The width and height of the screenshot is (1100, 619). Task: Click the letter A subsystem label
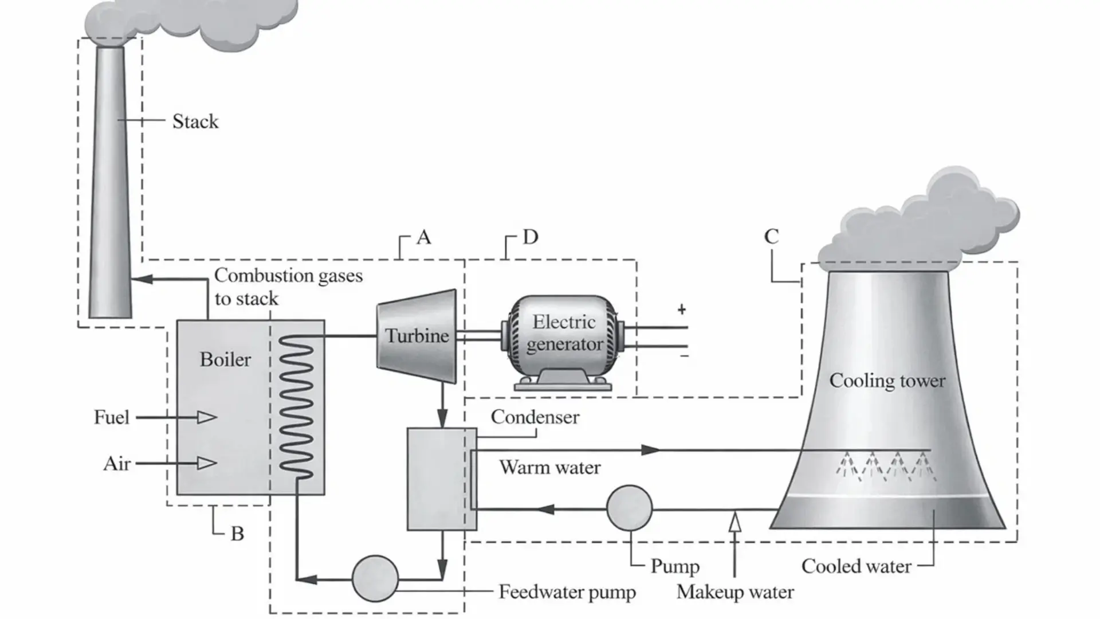(x=423, y=237)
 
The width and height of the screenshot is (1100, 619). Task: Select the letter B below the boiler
(x=237, y=534)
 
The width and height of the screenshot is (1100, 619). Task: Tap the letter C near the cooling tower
(x=771, y=236)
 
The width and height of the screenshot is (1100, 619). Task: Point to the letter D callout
(x=531, y=237)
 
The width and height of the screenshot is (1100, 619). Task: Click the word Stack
(x=195, y=122)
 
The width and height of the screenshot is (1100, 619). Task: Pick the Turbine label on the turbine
(x=417, y=336)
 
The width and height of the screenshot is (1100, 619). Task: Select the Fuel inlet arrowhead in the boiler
(x=207, y=417)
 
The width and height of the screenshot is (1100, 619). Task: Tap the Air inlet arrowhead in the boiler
(x=207, y=463)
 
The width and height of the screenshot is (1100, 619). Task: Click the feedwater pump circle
(x=375, y=578)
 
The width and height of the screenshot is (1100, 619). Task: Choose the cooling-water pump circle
(x=629, y=508)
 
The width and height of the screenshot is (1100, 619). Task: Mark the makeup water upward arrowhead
(x=735, y=522)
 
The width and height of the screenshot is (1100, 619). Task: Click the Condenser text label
(x=535, y=417)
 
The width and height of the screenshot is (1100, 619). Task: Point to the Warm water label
(x=549, y=468)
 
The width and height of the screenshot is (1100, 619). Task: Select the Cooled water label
(x=856, y=566)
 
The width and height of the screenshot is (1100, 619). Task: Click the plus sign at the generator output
(x=681, y=309)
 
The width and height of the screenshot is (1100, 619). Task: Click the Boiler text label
(x=225, y=359)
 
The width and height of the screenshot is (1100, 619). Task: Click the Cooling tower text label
(x=887, y=381)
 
